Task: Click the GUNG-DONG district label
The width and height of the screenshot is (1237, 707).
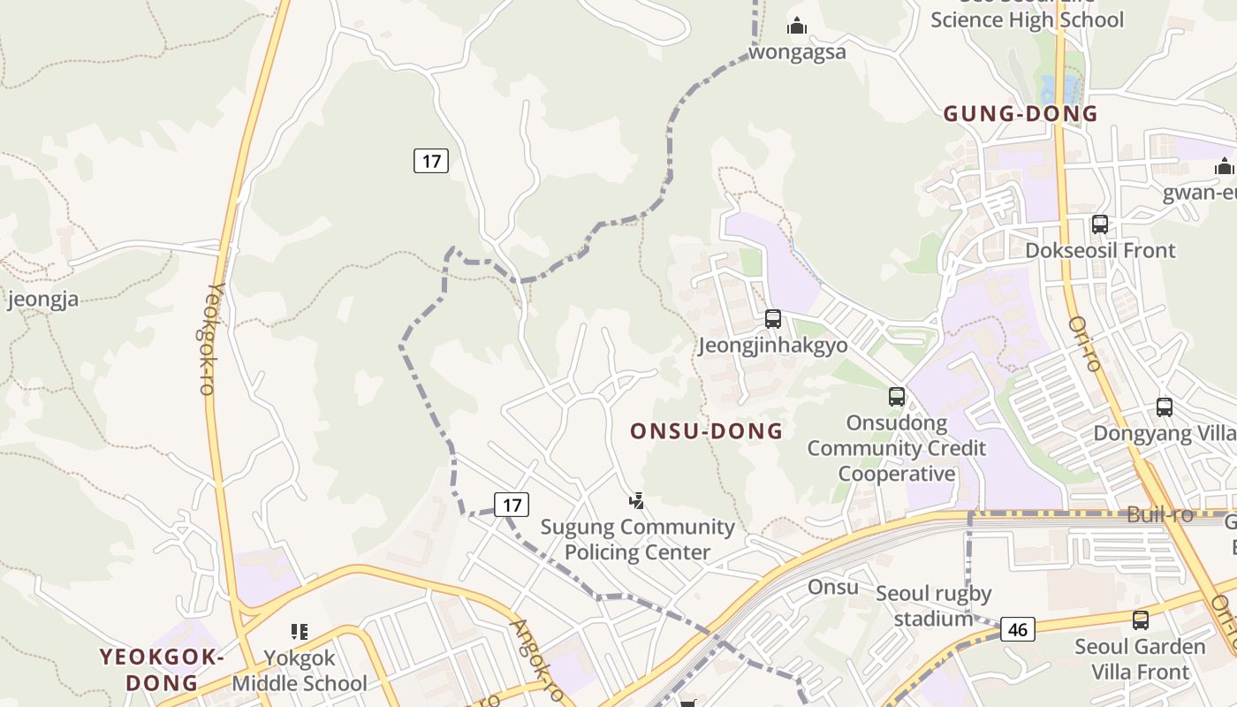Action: tap(1021, 113)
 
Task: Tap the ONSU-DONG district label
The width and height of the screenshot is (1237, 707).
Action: tap(706, 431)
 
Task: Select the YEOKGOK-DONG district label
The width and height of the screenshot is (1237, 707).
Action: tap(162, 670)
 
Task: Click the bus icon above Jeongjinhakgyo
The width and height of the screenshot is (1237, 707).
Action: tap(773, 319)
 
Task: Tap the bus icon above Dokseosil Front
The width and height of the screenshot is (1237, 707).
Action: tap(1100, 224)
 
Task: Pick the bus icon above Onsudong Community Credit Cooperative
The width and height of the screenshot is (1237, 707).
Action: tap(897, 397)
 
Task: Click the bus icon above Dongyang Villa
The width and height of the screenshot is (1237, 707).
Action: tap(1165, 407)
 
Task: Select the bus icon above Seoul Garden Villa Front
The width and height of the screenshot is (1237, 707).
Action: tap(1141, 620)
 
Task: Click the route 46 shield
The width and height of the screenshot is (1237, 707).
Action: tap(1018, 629)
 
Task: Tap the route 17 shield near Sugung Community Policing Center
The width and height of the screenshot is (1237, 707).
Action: tap(511, 505)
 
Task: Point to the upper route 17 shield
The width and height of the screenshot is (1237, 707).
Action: tap(431, 161)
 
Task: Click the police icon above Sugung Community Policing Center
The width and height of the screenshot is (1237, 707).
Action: tap(636, 501)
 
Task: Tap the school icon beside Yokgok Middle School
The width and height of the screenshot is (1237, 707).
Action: tap(299, 632)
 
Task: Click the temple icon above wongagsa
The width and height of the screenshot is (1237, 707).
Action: tap(797, 27)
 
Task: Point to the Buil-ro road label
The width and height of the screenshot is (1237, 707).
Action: tap(1160, 514)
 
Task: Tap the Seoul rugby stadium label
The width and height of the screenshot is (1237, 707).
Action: tap(934, 605)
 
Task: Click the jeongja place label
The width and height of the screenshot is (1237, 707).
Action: tap(42, 299)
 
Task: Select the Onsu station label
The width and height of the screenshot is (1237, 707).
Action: tap(832, 588)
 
